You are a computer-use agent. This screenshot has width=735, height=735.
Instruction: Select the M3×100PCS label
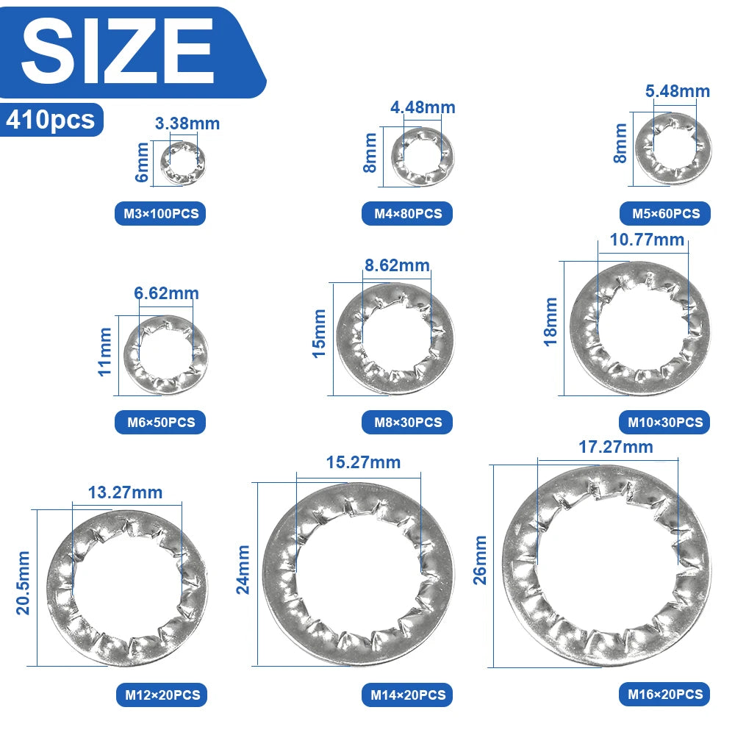160,214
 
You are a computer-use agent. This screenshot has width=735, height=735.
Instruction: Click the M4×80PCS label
407,214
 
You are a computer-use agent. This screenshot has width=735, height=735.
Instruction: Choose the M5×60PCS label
665,214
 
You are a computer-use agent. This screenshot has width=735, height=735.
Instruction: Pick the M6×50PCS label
160,422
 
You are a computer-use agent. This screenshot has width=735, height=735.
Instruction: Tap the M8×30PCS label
407,422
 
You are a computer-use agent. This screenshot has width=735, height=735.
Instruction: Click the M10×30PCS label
665,422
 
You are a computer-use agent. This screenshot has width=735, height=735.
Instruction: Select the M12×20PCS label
161,694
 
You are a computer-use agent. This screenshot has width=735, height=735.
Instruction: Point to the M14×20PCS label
407,694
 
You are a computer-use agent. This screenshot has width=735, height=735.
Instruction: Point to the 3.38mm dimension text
187,123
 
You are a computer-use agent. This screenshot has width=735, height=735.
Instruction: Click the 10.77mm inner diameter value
647,240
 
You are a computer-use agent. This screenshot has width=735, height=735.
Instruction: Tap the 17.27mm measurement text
615,446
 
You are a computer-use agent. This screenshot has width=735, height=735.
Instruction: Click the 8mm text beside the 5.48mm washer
621,143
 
